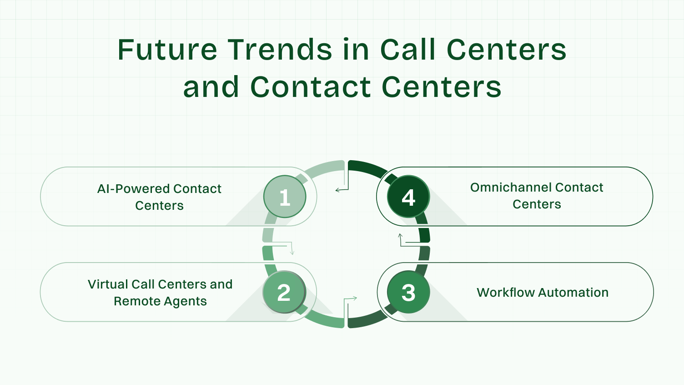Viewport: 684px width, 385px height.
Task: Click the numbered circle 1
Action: [x=285, y=197]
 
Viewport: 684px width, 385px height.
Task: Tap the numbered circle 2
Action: [x=284, y=292]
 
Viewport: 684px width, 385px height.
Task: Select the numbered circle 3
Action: [x=408, y=292]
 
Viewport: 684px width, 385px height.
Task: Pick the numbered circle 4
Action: [x=408, y=197]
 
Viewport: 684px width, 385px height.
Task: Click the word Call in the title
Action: [x=407, y=50]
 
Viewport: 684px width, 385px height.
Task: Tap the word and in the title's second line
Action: [x=211, y=87]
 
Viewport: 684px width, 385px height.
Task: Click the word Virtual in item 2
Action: [x=107, y=284]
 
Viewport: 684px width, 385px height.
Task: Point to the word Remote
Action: [x=133, y=301]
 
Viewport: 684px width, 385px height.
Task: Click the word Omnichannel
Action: [x=510, y=187]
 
